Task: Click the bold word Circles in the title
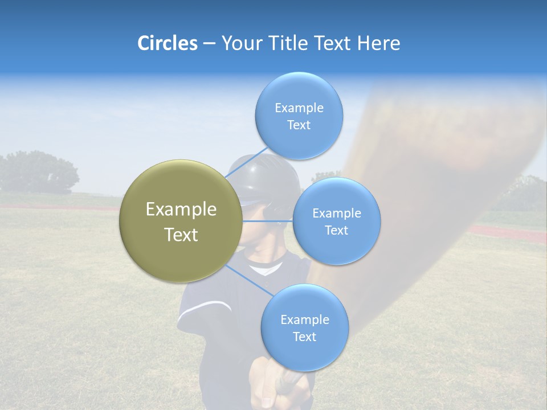(168, 43)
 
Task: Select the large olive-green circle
(181, 221)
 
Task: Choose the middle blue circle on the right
(336, 221)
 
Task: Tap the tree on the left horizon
(37, 171)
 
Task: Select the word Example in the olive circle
(181, 210)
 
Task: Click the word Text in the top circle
(299, 125)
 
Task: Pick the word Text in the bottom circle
(304, 337)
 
